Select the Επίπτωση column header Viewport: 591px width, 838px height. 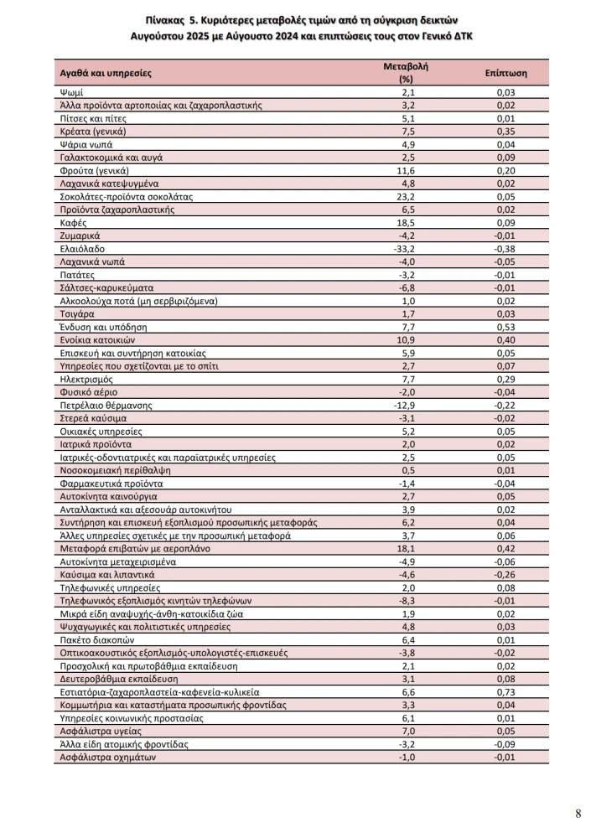[x=505, y=73]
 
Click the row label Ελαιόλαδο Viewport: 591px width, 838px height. [x=82, y=249]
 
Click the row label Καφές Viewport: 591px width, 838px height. [x=75, y=223]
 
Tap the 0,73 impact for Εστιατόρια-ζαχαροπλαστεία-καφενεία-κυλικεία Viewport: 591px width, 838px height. [x=505, y=692]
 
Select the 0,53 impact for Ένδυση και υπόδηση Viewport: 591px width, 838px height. [x=505, y=327]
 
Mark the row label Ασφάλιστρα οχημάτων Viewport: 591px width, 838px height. [x=108, y=757]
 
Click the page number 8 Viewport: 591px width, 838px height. [x=578, y=813]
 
